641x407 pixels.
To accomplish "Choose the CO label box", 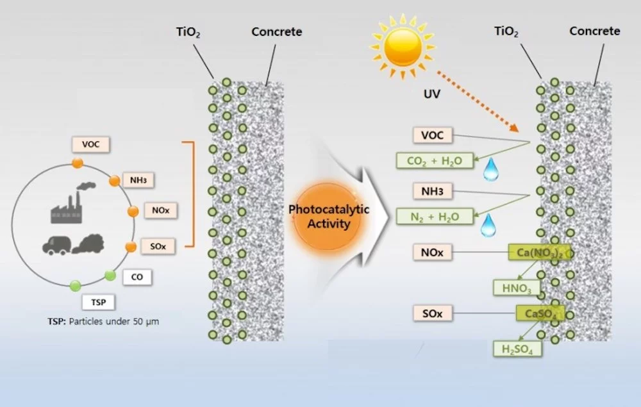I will click(137, 277).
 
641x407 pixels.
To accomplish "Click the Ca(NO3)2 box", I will click(538, 253).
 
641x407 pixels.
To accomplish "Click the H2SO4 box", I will click(517, 348).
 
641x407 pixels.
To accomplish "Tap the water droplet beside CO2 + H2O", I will click(490, 169).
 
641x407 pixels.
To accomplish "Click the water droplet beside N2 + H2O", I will click(488, 225).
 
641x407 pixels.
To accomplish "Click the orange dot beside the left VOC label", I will click(77, 163).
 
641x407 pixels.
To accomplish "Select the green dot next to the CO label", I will click(110, 276).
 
